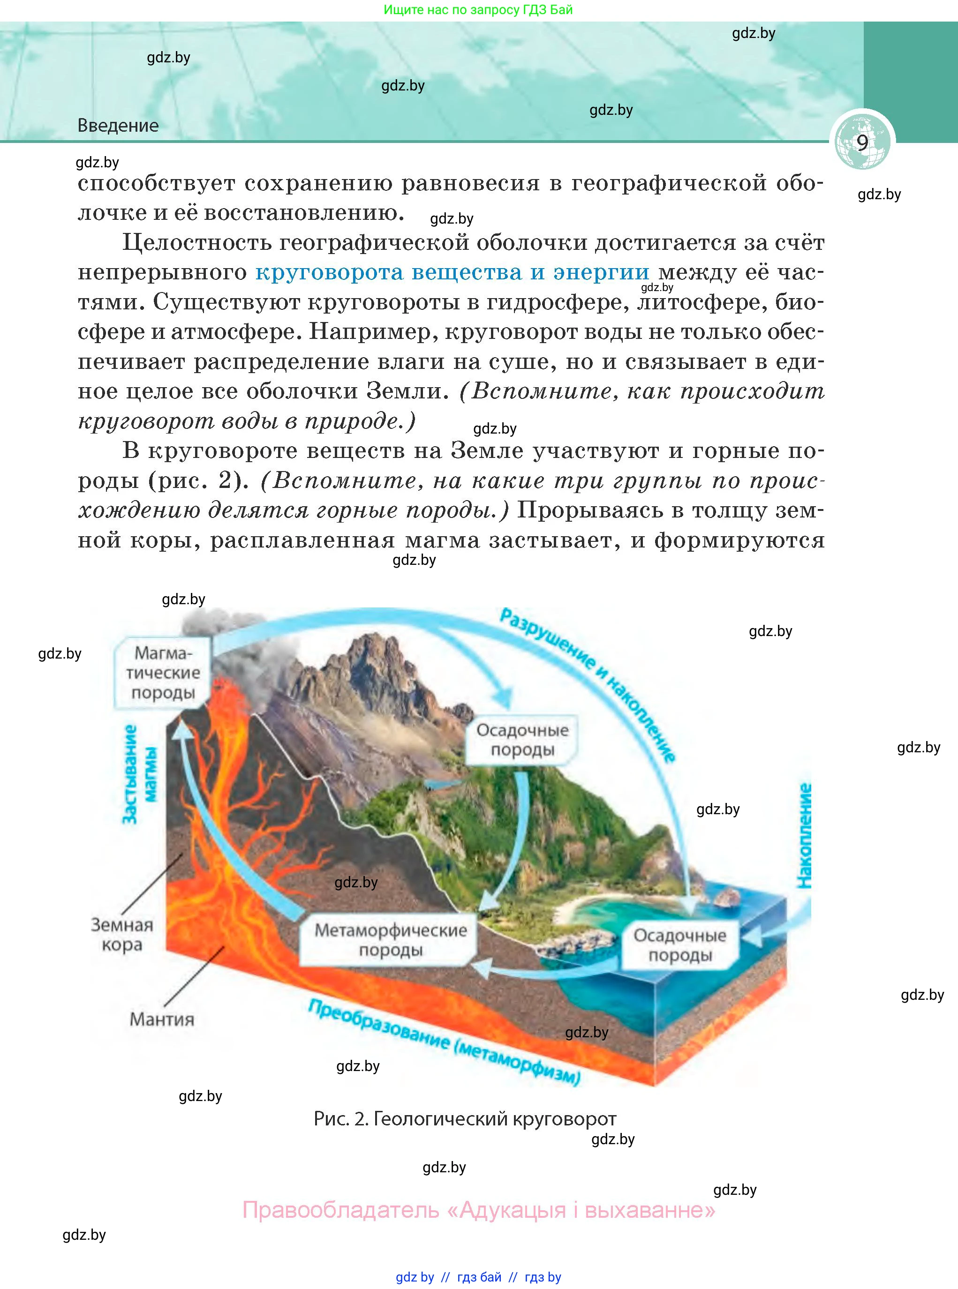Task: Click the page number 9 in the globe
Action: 862,142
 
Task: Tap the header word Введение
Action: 118,125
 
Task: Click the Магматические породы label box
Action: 163,672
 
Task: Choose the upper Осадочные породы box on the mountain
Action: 522,740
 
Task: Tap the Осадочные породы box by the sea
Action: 679,945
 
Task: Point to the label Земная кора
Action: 122,934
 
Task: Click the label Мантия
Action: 162,1019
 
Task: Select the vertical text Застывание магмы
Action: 139,774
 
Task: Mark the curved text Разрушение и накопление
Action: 588,684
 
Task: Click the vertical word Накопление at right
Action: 804,835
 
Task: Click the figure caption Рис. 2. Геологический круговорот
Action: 465,1118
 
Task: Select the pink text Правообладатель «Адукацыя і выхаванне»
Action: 478,1210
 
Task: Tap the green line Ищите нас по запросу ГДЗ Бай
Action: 478,10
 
